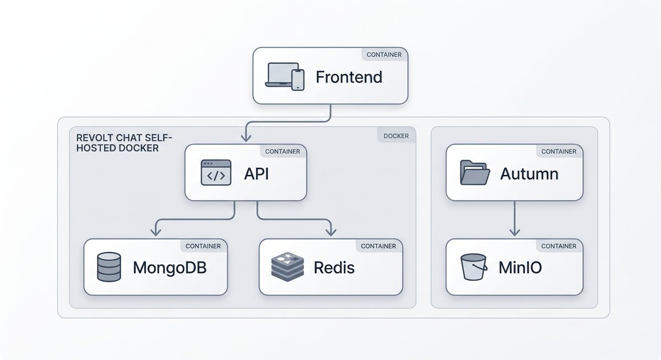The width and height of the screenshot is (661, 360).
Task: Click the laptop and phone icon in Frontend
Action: click(284, 76)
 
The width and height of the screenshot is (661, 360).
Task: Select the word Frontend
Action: click(349, 77)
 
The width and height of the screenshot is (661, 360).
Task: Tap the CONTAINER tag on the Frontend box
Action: click(384, 54)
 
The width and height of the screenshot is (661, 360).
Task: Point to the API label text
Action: click(256, 174)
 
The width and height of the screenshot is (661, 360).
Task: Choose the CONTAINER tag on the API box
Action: click(283, 151)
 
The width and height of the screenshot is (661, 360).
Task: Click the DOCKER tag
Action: click(396, 135)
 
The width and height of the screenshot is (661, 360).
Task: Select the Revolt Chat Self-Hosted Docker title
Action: click(124, 143)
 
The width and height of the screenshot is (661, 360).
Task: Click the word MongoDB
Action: click(170, 268)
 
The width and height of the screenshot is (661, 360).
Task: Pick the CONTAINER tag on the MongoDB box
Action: click(203, 246)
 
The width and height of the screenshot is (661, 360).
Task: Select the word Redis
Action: click(334, 268)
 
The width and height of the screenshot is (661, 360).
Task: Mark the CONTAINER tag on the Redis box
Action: click(378, 246)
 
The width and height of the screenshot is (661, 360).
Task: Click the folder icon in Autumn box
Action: click(474, 173)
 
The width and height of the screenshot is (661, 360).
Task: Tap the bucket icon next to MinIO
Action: click(473, 267)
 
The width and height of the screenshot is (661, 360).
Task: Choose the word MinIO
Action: click(520, 268)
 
